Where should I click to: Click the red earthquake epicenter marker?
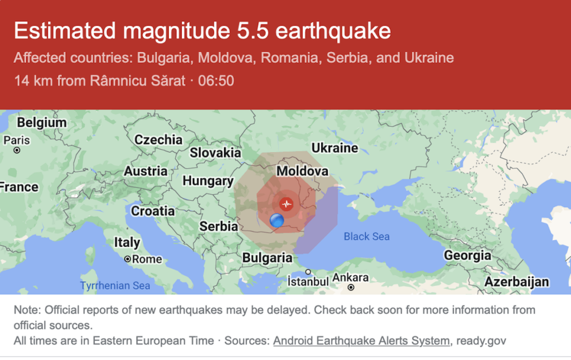coord(287,204)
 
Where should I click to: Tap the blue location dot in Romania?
coord(277,221)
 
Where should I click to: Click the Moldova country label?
coord(302,171)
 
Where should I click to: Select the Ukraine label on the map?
coord(335,148)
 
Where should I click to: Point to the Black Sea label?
coord(366,237)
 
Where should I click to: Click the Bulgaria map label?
coord(267,258)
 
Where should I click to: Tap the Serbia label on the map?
coord(219,226)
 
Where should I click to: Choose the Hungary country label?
coord(207,181)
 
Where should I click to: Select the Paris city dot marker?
coord(17,150)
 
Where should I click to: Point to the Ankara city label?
coord(350,278)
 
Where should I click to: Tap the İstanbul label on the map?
coord(308,281)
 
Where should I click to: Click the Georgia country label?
coord(467,256)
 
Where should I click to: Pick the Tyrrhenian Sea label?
coord(115,286)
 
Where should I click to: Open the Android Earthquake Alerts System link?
coord(361,340)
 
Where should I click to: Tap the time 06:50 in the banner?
coord(216,81)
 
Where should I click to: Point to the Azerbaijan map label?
coord(516,282)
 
